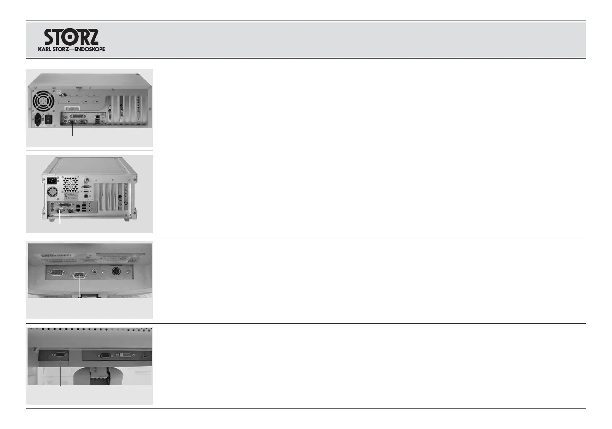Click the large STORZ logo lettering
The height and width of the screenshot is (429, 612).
coord(71,37)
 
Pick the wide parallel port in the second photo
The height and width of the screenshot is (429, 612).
coord(63,205)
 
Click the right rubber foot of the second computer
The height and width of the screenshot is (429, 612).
coord(127,219)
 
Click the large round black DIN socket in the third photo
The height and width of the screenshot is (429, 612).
coord(116,272)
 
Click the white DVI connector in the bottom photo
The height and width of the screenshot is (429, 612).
coord(126,355)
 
